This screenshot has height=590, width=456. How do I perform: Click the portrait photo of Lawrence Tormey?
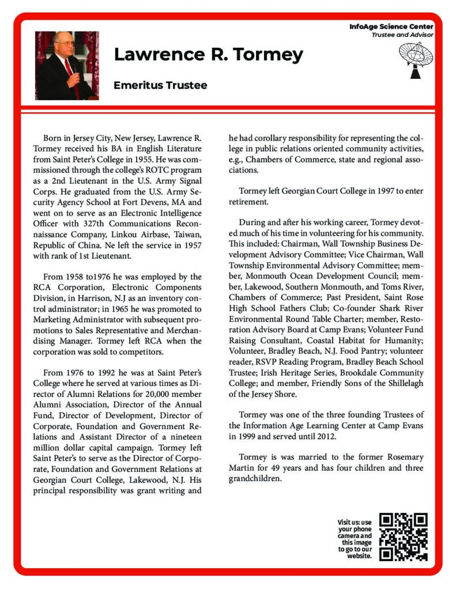pos(67,65)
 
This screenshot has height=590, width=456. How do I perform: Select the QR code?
pos(404,536)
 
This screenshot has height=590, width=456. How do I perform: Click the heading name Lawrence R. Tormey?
pos(208,55)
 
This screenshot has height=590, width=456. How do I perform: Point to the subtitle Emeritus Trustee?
pos(160,85)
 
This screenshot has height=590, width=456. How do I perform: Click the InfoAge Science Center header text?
pos(391,27)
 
